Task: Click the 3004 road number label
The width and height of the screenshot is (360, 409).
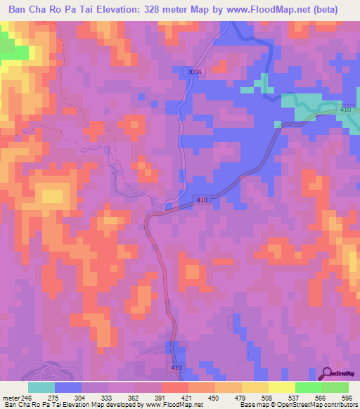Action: pyautogui.click(x=194, y=72)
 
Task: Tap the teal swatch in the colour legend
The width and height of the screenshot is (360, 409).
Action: pyautogui.click(x=41, y=387)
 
